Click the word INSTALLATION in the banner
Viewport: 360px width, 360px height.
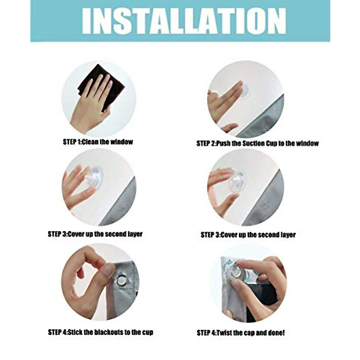click(184, 21)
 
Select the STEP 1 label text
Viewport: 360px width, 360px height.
click(72, 142)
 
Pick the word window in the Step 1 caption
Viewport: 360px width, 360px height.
click(121, 142)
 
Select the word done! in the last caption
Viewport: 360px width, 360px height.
click(275, 333)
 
